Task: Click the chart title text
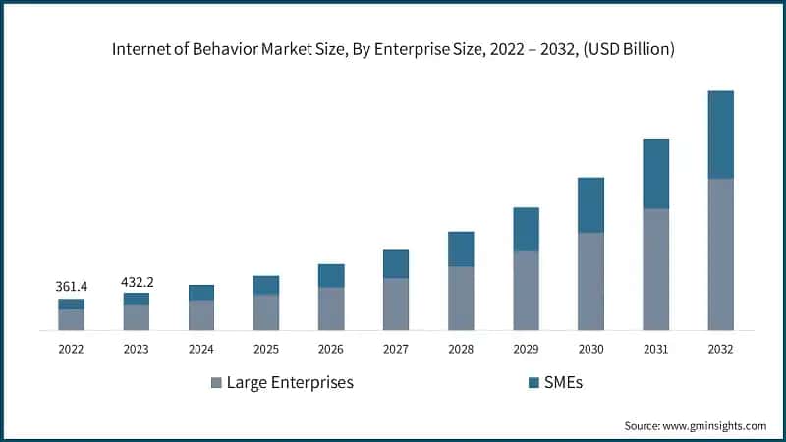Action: (392, 48)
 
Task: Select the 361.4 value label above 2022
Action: (71, 286)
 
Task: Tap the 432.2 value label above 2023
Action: (137, 281)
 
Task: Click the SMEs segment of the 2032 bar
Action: (721, 135)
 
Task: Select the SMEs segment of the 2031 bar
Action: (655, 174)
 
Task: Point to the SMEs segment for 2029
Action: (526, 229)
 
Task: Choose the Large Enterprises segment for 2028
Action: (461, 298)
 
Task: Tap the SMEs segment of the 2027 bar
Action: (396, 263)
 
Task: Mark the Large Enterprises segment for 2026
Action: (331, 308)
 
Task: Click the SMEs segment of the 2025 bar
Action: (266, 285)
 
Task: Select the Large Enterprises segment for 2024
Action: (201, 314)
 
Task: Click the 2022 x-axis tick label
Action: (71, 348)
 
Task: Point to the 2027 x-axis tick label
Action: (396, 348)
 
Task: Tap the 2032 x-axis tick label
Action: (721, 348)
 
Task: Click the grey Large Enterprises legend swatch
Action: (216, 383)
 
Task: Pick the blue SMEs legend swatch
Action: (533, 383)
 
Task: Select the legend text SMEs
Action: (564, 383)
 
